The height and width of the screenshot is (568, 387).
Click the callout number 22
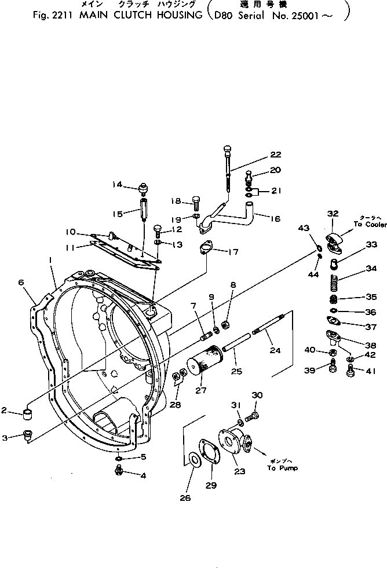[275, 155]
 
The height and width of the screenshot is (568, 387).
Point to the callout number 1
[52, 261]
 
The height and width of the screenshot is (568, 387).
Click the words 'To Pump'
[282, 468]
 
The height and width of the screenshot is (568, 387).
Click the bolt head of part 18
[195, 202]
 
